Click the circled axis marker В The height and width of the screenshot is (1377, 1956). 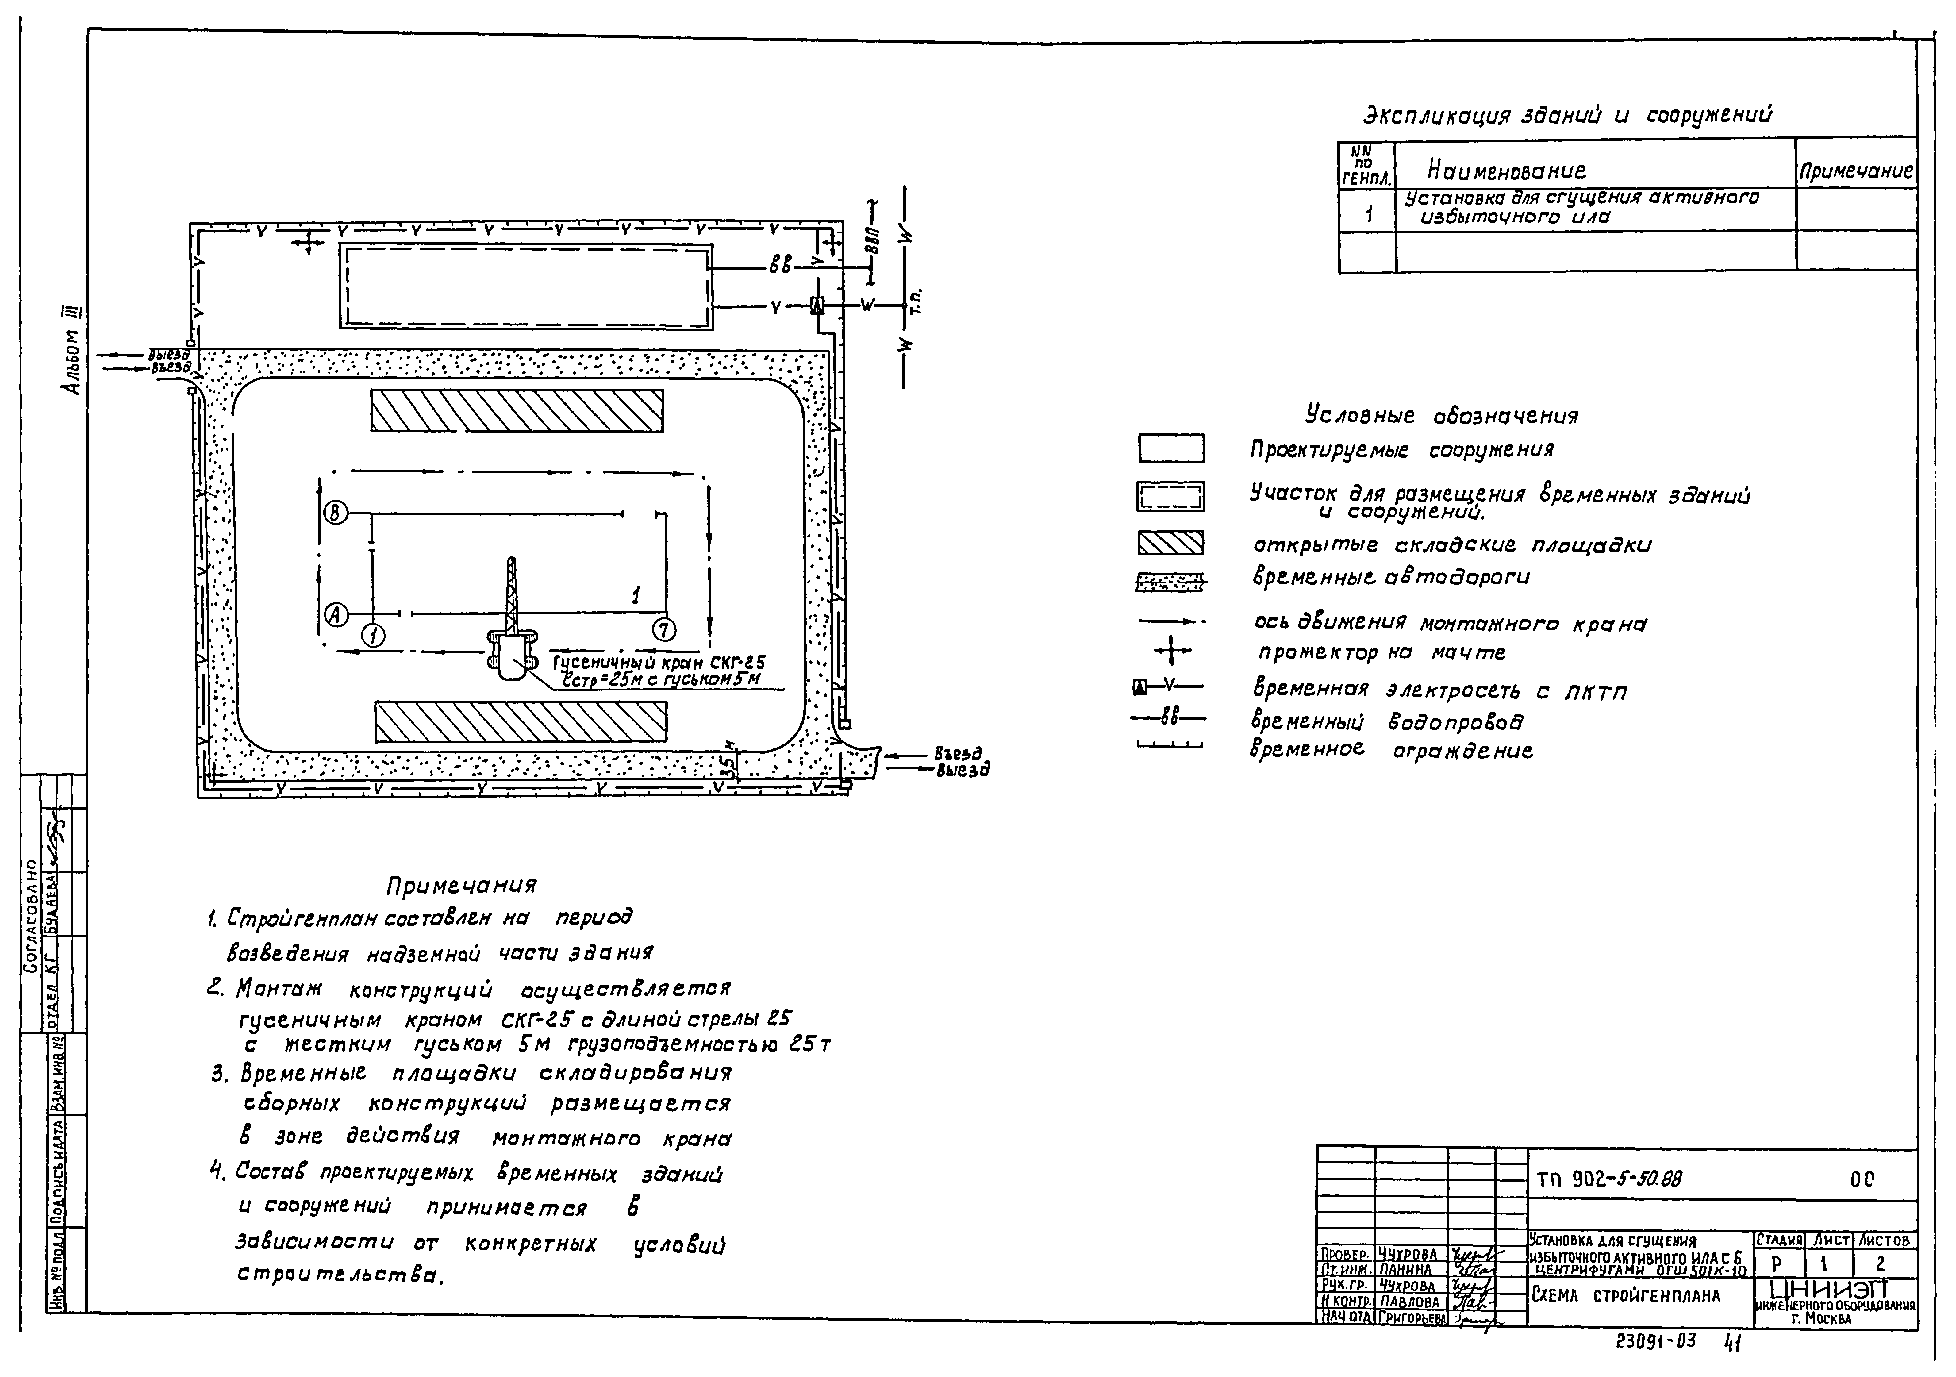point(336,513)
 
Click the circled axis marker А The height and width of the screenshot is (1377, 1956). point(336,613)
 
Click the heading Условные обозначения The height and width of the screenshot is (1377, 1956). point(1441,416)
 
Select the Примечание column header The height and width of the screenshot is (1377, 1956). point(1855,171)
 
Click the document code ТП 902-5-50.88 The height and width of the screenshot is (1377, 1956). point(1608,1180)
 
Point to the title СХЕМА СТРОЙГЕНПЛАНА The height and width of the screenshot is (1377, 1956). point(1625,1296)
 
